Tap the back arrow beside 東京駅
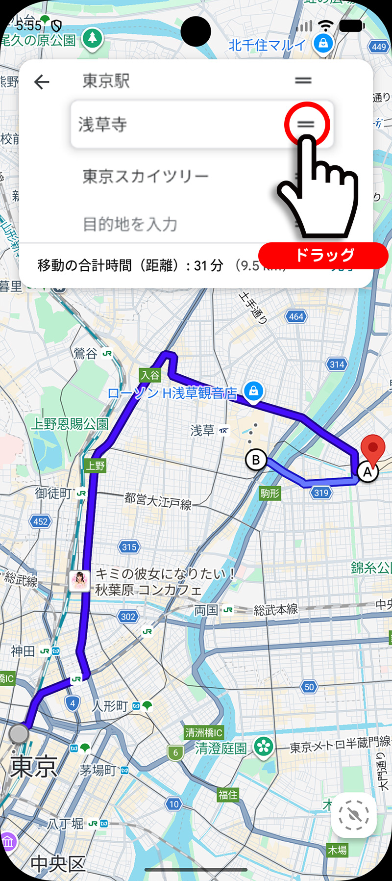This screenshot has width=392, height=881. (x=42, y=81)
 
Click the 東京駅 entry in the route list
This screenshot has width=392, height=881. (x=106, y=81)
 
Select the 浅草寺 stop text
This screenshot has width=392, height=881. (x=102, y=125)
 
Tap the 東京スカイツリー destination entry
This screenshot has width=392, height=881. (x=146, y=176)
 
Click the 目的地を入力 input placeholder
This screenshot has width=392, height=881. (x=130, y=224)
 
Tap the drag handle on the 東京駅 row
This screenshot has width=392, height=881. (x=303, y=80)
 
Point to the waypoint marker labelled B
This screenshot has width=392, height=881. (x=256, y=460)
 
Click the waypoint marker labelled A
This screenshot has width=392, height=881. (x=367, y=472)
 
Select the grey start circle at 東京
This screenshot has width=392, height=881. (x=19, y=734)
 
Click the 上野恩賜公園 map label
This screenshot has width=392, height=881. (x=70, y=423)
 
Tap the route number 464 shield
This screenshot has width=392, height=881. (x=296, y=316)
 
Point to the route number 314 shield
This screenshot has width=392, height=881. (x=337, y=364)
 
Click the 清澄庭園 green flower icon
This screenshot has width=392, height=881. (x=263, y=747)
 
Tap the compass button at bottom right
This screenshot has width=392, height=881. (x=354, y=815)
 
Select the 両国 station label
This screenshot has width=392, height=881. (x=206, y=610)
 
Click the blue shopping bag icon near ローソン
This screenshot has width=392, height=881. (x=253, y=391)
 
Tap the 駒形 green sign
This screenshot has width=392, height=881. (x=270, y=493)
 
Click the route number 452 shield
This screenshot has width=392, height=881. (x=40, y=521)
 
